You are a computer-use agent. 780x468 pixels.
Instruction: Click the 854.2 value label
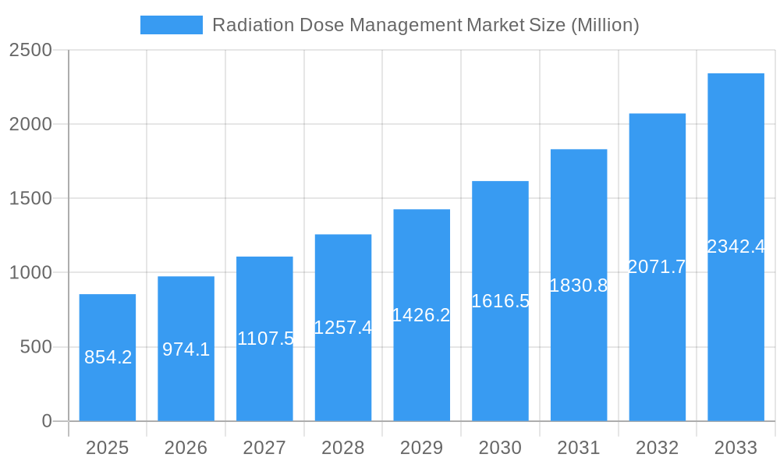[x=108, y=357]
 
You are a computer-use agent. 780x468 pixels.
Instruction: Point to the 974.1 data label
[x=186, y=349]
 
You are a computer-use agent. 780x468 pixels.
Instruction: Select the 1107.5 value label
[x=265, y=339]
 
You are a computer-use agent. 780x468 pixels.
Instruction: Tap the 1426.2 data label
[x=421, y=315]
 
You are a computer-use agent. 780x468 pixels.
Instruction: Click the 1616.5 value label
[x=500, y=301]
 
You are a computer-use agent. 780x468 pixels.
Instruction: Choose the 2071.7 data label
[x=657, y=267]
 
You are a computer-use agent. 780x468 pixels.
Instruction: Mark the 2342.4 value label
[x=736, y=246]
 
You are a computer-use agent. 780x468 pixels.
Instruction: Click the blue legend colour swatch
[x=171, y=25]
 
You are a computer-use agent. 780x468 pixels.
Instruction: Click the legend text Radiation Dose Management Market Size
[x=426, y=25]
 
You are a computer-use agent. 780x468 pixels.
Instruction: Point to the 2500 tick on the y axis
[x=30, y=50]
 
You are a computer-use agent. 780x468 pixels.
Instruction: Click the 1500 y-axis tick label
[x=30, y=199]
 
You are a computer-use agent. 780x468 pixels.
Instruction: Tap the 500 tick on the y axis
[x=36, y=347]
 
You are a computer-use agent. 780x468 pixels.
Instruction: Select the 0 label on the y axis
[x=47, y=421]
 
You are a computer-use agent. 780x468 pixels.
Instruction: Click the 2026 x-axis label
[x=186, y=448]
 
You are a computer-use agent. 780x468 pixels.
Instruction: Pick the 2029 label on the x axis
[x=421, y=448]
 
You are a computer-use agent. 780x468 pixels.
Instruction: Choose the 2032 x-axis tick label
[x=657, y=448]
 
